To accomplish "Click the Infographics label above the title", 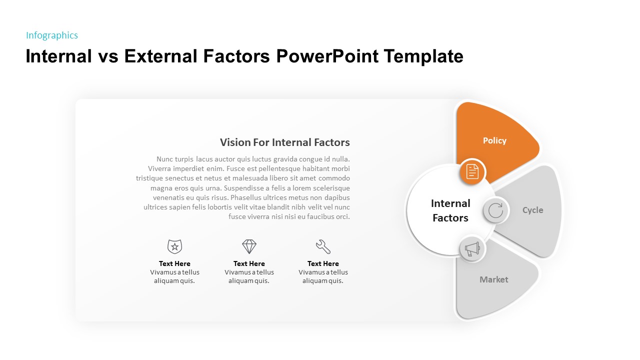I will [x=52, y=35].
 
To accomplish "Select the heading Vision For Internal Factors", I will [x=284, y=142].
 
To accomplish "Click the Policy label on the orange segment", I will [x=494, y=141].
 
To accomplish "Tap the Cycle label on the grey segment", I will [x=532, y=210].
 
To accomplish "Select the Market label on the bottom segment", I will [x=493, y=279].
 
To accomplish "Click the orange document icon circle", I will [x=472, y=171].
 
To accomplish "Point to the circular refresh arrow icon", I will [x=495, y=210].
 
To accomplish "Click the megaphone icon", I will [x=472, y=249].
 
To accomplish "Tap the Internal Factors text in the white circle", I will [x=450, y=210].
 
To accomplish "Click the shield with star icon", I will [x=174, y=246].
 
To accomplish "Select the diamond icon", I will [x=249, y=246].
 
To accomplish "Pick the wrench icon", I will [x=323, y=246].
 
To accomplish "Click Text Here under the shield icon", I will [x=174, y=263].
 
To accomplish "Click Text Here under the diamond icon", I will [x=249, y=263].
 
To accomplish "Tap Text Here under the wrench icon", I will [x=323, y=263].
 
